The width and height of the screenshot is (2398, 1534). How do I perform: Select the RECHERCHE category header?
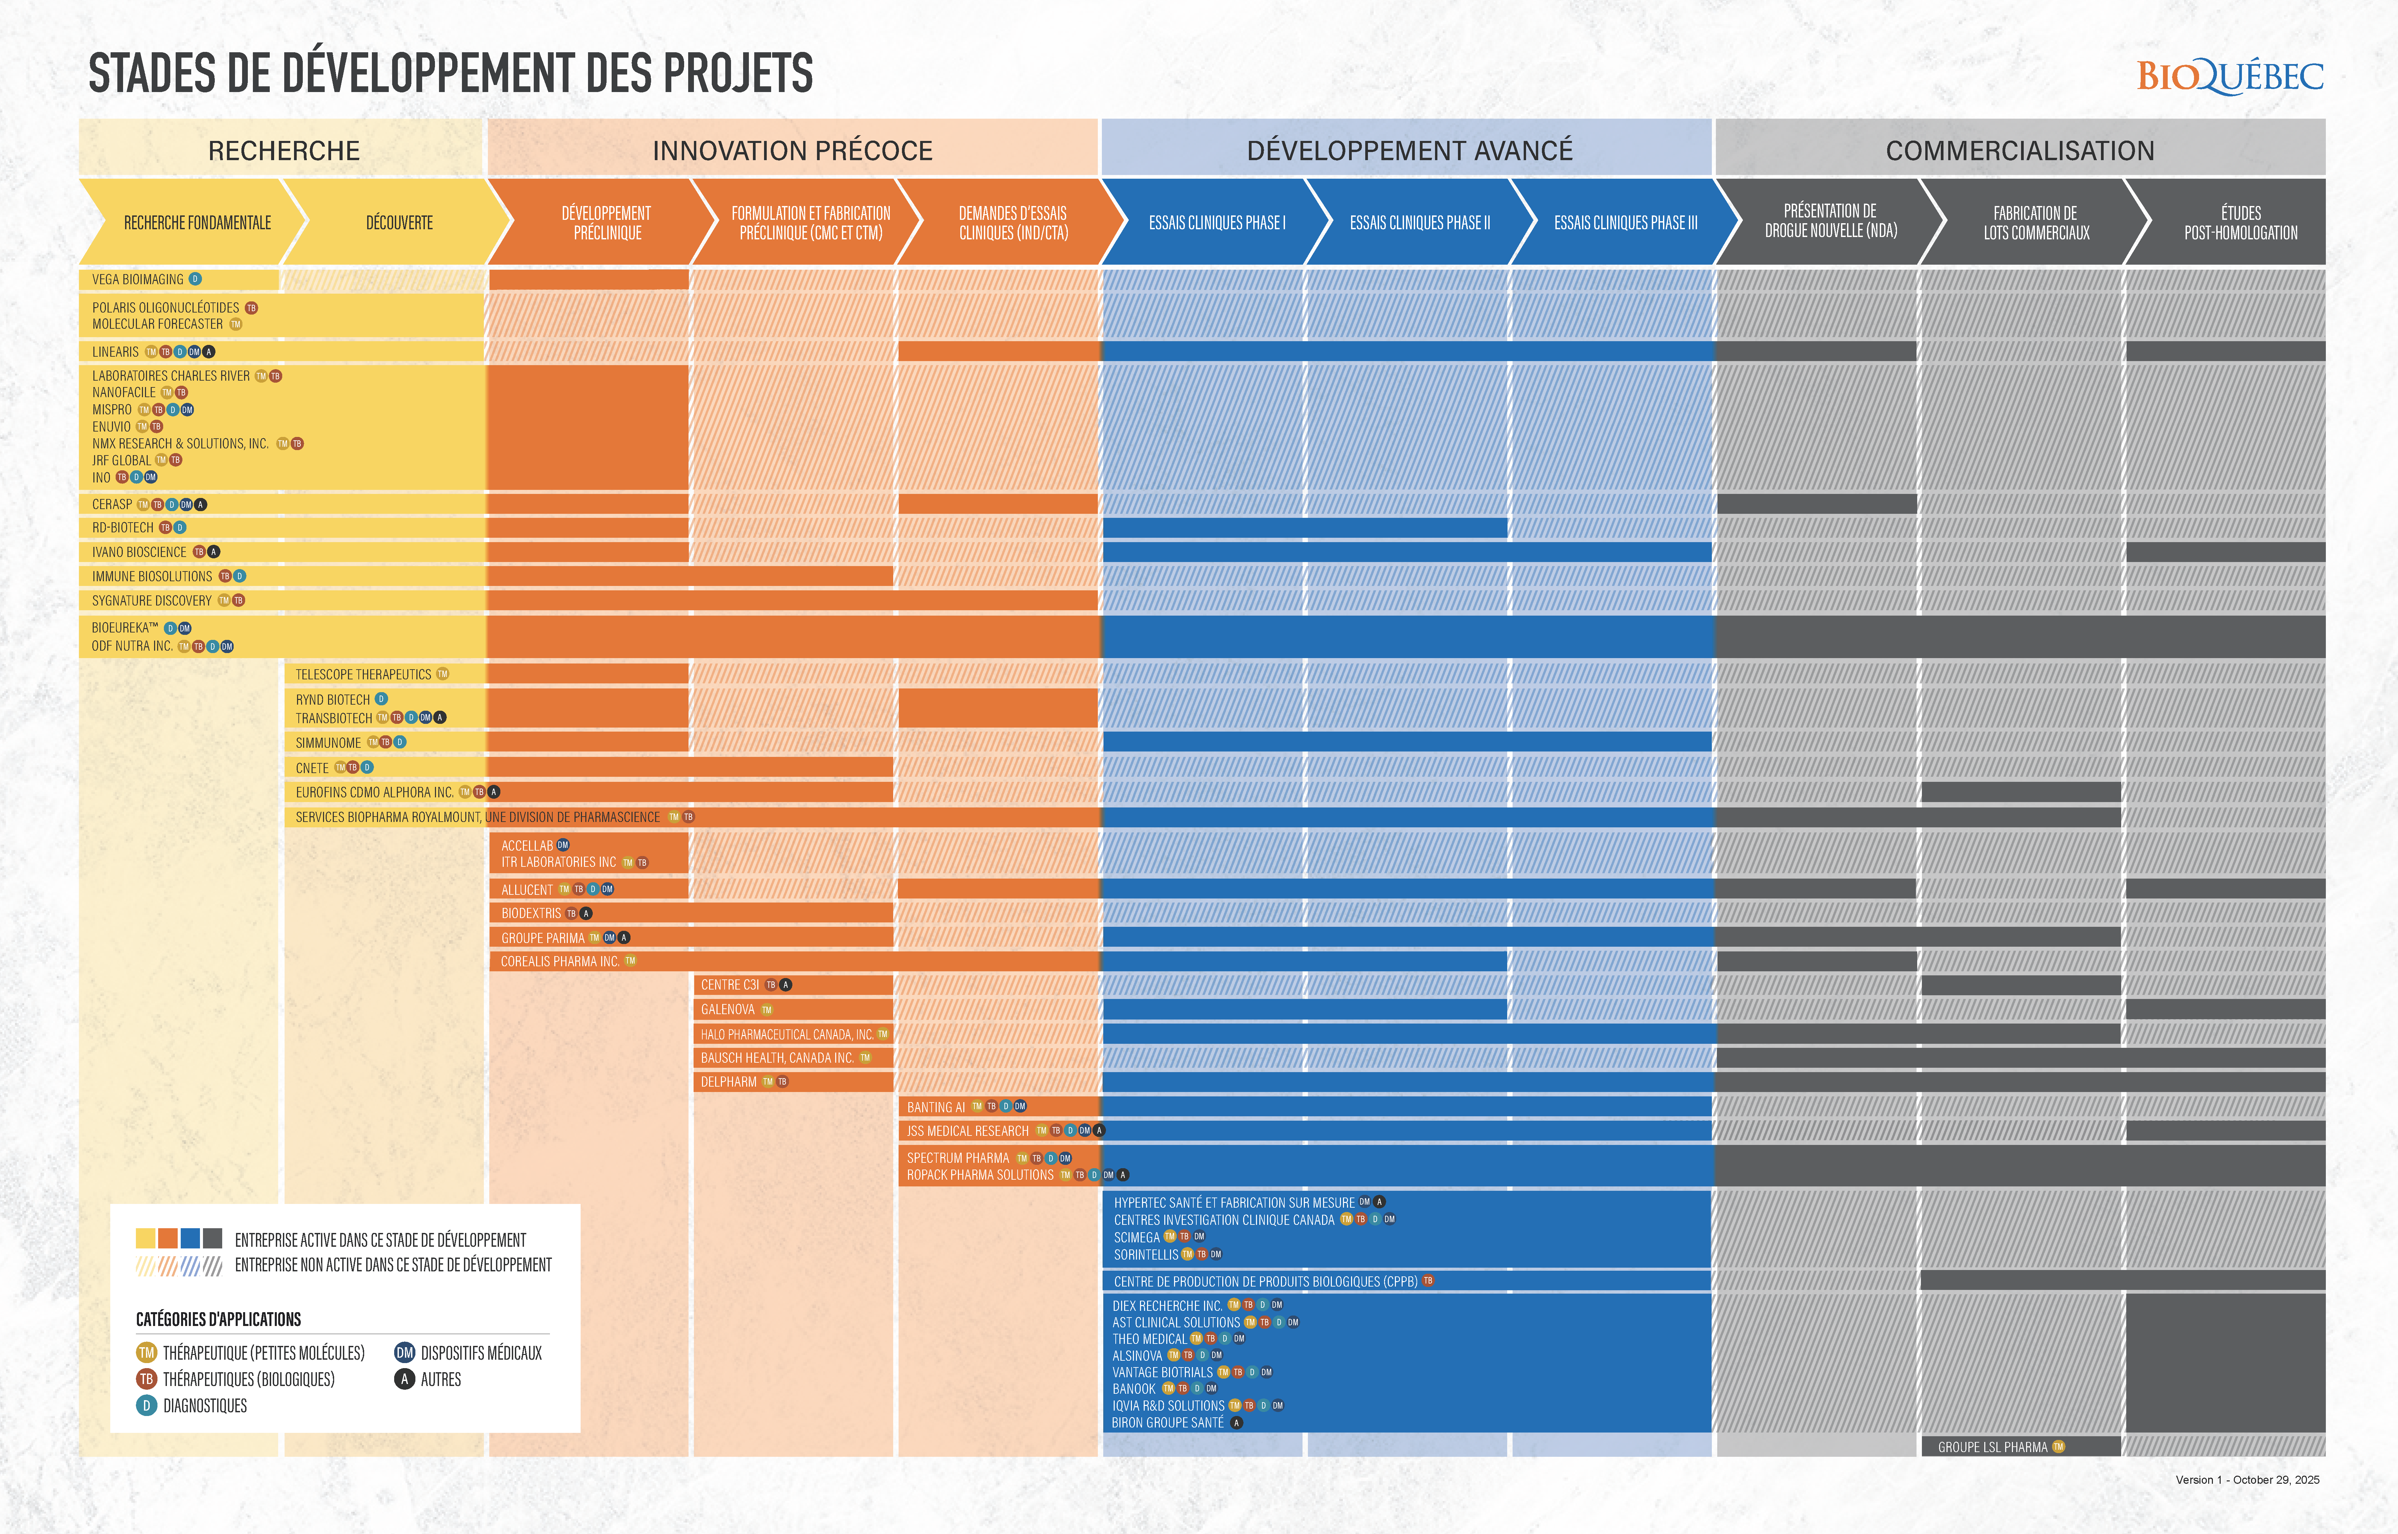(284, 150)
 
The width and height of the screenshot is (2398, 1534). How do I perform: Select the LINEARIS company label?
(116, 352)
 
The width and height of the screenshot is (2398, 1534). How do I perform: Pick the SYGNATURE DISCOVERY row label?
(151, 601)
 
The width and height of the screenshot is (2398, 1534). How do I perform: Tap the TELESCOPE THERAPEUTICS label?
(363, 674)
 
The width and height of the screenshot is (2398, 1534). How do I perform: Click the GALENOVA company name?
(727, 1009)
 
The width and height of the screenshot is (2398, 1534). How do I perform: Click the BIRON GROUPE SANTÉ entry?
(1167, 1422)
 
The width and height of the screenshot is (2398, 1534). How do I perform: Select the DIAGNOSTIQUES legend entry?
(204, 1406)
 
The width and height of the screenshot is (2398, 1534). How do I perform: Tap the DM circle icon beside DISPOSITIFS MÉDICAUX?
(405, 1353)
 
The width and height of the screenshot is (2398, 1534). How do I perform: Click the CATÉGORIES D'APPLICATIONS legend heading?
(218, 1319)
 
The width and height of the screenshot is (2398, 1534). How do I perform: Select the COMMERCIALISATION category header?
(2019, 150)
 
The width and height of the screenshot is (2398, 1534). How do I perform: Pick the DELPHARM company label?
(728, 1082)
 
